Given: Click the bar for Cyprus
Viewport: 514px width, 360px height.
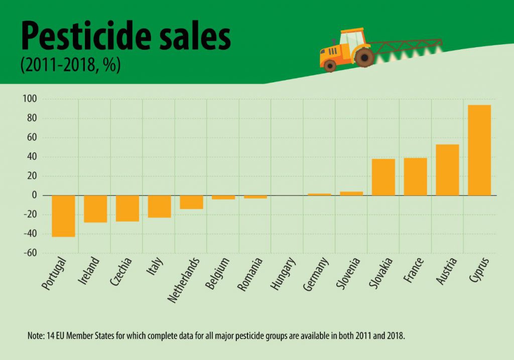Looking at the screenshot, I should click(479, 150).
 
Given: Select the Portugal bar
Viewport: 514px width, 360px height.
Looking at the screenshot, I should click(63, 216).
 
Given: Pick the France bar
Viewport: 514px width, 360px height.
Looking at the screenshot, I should click(415, 177).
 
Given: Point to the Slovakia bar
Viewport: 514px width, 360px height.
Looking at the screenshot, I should click(383, 177).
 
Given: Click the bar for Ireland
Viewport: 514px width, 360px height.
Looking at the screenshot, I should click(95, 209).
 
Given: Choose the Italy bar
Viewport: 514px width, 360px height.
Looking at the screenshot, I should click(160, 206).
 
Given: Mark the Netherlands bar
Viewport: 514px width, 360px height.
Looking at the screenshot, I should click(191, 202).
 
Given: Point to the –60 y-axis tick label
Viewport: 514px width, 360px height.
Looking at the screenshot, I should click(30, 253).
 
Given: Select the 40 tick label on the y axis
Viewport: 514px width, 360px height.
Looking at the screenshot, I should click(32, 157).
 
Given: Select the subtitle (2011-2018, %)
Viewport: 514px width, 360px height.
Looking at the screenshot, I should click(70, 66).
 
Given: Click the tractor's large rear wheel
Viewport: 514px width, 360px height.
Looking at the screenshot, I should click(363, 57).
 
